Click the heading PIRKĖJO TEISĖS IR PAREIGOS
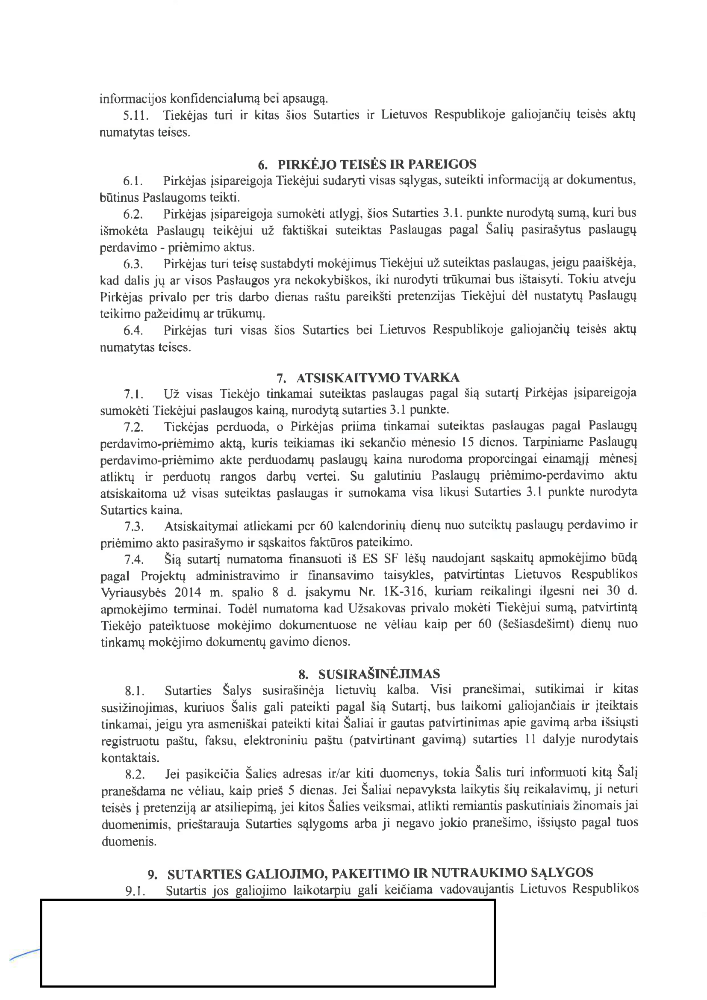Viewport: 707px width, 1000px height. pyautogui.click(x=377, y=164)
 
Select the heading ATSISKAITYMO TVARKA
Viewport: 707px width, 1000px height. pyautogui.click(x=378, y=377)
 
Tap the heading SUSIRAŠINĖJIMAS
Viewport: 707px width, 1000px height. pyautogui.click(x=379, y=674)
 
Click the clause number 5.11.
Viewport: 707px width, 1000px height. pyautogui.click(x=136, y=115)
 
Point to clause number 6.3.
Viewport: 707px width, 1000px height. pyautogui.click(x=133, y=264)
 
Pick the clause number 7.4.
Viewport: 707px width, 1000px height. pyautogui.click(x=134, y=559)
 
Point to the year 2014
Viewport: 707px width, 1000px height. pyautogui.click(x=188, y=592)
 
